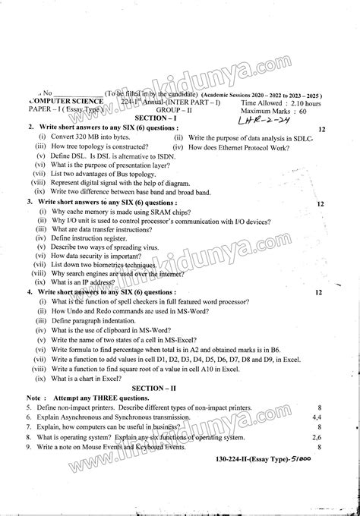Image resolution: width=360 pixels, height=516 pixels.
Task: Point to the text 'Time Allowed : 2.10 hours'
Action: [x=280, y=102]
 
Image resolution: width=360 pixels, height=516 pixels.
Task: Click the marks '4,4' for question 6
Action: [x=317, y=417]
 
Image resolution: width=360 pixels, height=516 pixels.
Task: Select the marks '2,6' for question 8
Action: [x=317, y=438]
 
